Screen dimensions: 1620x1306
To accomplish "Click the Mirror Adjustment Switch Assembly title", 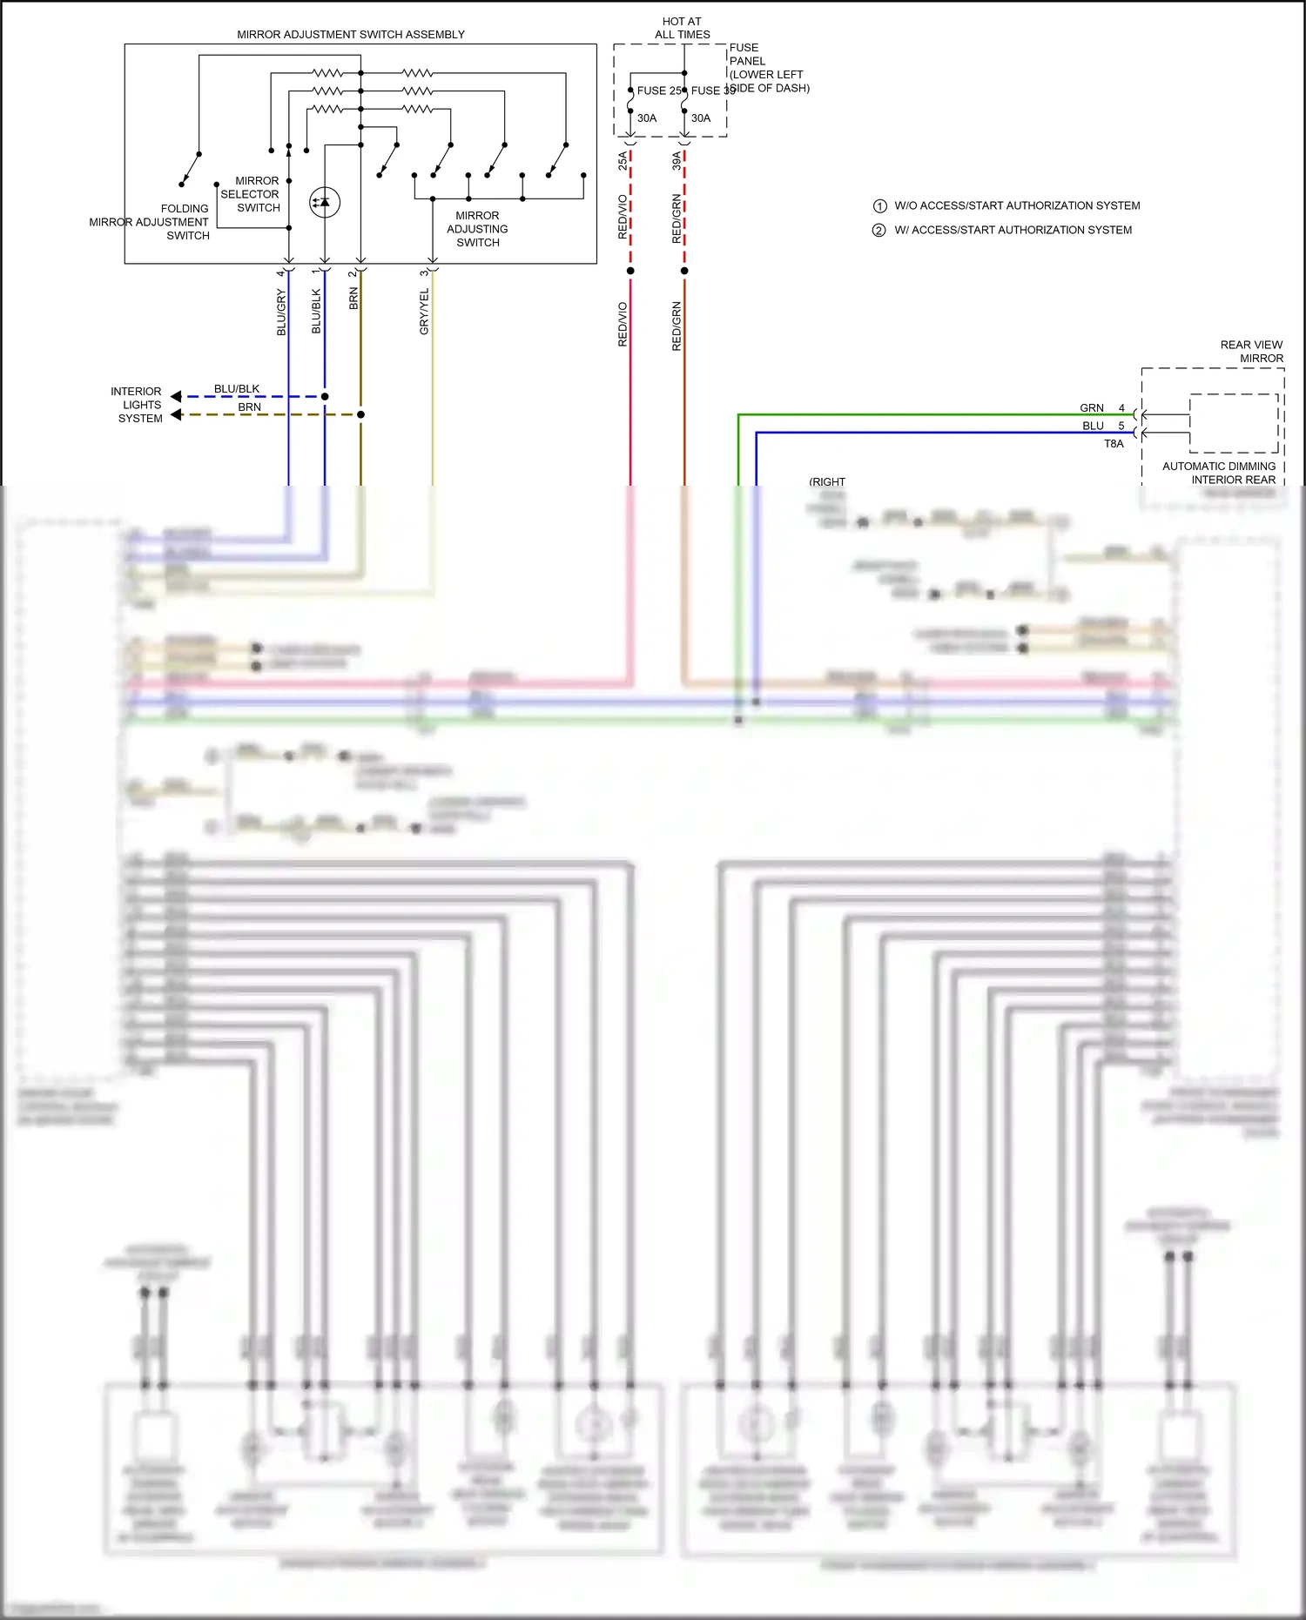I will pyautogui.click(x=351, y=35).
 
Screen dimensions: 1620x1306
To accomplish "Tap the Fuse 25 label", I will pyautogui.click(x=659, y=91).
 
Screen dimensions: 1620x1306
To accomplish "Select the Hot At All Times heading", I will pyautogui.click(x=682, y=28).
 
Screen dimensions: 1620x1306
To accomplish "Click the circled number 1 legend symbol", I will pyautogui.click(x=879, y=206).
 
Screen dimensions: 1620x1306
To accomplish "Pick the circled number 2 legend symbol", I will pyautogui.click(x=879, y=231).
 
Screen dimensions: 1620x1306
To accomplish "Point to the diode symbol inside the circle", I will pyautogui.click(x=325, y=203).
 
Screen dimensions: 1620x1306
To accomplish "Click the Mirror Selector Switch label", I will pyautogui.click(x=251, y=194).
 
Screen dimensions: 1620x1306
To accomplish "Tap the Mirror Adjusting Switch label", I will pyautogui.click(x=477, y=229).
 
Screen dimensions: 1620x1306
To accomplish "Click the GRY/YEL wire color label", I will pyautogui.click(x=424, y=312).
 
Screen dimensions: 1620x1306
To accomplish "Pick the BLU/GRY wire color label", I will pyautogui.click(x=281, y=313).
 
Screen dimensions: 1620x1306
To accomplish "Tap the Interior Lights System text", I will pyautogui.click(x=138, y=405).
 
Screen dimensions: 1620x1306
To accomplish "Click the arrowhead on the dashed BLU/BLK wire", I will pyautogui.click(x=177, y=397).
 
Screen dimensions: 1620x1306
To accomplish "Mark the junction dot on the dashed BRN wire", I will pyautogui.click(x=360, y=414).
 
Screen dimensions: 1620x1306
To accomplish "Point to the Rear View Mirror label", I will pyautogui.click(x=1251, y=352).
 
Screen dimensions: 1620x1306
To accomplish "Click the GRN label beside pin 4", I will pyautogui.click(x=1091, y=408).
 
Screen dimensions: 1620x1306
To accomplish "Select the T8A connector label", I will pyautogui.click(x=1114, y=444).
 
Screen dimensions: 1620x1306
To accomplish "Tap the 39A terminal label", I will pyautogui.click(x=677, y=160).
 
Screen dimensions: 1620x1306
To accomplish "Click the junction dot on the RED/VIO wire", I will pyautogui.click(x=630, y=271).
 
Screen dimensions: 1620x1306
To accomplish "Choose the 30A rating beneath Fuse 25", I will pyautogui.click(x=647, y=118).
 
